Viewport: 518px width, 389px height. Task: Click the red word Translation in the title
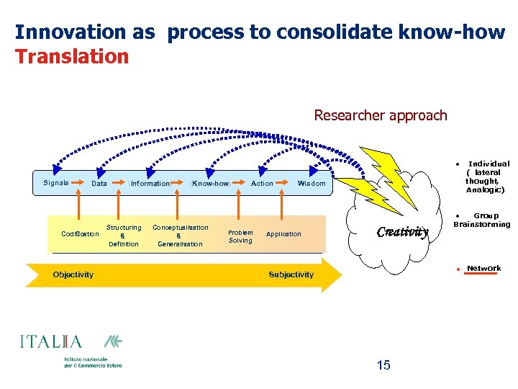pyautogui.click(x=72, y=56)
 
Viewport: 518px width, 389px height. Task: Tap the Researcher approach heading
pyautogui.click(x=381, y=115)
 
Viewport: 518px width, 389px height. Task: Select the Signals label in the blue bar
pyautogui.click(x=56, y=183)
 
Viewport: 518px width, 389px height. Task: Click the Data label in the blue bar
pyautogui.click(x=99, y=184)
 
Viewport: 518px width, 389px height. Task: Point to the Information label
pyautogui.click(x=150, y=184)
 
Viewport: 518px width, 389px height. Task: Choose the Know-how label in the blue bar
pyautogui.click(x=209, y=184)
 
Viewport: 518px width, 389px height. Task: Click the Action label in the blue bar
pyautogui.click(x=262, y=184)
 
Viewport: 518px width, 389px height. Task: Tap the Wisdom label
pyautogui.click(x=312, y=184)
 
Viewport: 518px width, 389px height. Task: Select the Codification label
pyautogui.click(x=81, y=234)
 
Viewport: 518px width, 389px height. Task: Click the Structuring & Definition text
pyautogui.click(x=124, y=236)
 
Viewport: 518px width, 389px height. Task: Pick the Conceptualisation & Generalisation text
pyautogui.click(x=180, y=236)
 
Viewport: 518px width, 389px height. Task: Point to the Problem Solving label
pyautogui.click(x=240, y=236)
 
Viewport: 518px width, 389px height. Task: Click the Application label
pyautogui.click(x=283, y=234)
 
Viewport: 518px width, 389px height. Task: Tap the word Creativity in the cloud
pyautogui.click(x=403, y=232)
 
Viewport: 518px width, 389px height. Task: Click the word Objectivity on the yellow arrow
pyautogui.click(x=73, y=274)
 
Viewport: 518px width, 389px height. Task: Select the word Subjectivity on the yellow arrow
pyautogui.click(x=291, y=274)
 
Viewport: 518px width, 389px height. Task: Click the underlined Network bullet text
pyautogui.click(x=483, y=269)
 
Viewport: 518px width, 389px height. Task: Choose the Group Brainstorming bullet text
pyautogui.click(x=482, y=220)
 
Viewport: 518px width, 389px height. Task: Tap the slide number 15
pyautogui.click(x=383, y=365)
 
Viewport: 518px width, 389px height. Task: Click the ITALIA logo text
pyautogui.click(x=51, y=342)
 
